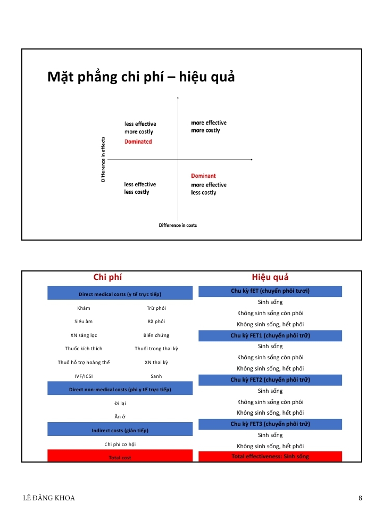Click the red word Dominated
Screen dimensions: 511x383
138,142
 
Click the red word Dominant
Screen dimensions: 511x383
203,176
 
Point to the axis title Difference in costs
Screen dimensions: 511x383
178,225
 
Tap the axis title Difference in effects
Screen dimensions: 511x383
103,160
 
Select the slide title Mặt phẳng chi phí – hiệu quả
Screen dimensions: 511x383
141,77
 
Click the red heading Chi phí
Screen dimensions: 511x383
108,277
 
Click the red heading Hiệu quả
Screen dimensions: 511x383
270,277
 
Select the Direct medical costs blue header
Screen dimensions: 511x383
120,294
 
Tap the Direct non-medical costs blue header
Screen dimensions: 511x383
120,390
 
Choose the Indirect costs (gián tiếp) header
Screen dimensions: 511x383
120,430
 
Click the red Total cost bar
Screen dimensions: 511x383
120,457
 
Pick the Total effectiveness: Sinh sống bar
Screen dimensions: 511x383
270,456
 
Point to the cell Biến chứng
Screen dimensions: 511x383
156,335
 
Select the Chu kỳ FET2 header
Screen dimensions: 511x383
270,380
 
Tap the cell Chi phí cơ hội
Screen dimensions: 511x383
120,444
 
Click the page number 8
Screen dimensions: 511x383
360,498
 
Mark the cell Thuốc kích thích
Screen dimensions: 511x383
84,349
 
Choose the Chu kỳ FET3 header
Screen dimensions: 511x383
270,424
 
